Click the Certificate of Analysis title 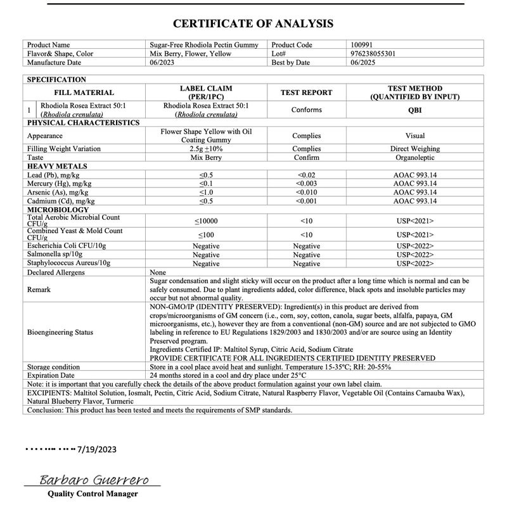click(253, 24)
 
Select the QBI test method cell click(414, 110)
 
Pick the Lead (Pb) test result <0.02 click(306, 174)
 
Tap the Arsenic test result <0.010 click(306, 192)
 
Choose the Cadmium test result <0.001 click(306, 201)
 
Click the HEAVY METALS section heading click(57, 166)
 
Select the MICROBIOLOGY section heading click(58, 209)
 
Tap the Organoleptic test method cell click(414, 157)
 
